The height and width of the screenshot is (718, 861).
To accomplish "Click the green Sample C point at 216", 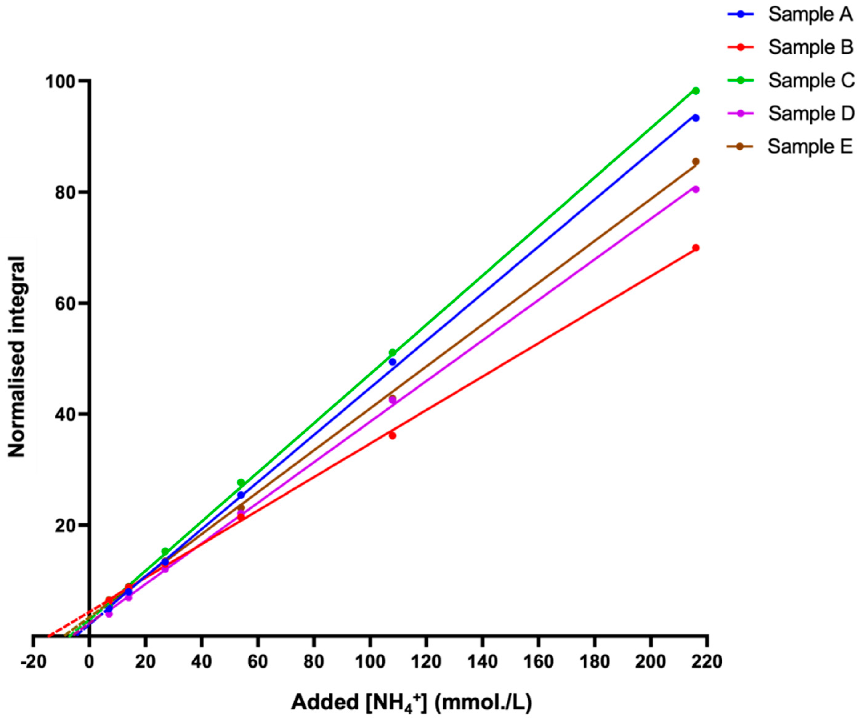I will tap(696, 90).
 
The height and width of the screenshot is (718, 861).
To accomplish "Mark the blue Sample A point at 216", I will tap(696, 118).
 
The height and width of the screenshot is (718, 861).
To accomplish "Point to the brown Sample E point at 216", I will tap(696, 162).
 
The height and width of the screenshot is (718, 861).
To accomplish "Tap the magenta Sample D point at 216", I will tap(696, 189).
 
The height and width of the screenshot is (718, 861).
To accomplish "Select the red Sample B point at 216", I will tap(696, 247).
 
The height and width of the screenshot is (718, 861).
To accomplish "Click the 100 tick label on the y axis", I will tap(62, 81).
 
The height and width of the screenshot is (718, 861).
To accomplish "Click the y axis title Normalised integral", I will tap(17, 357).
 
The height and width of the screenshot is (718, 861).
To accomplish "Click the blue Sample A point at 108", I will tap(392, 362).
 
